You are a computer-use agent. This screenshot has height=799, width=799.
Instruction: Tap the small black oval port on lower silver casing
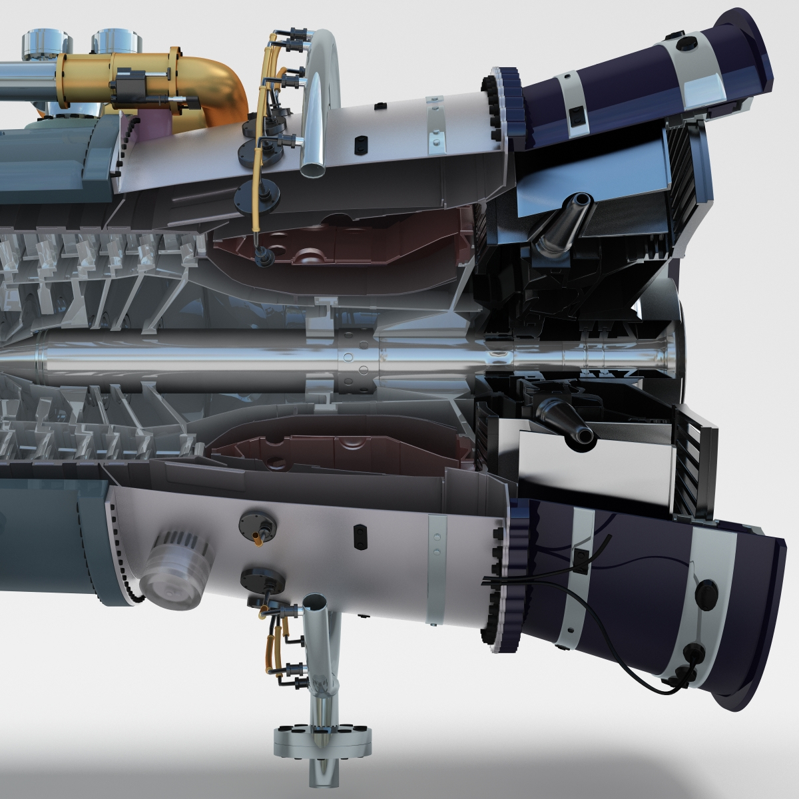(359, 530)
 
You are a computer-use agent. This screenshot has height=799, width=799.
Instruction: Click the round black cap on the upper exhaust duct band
(682, 43)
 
